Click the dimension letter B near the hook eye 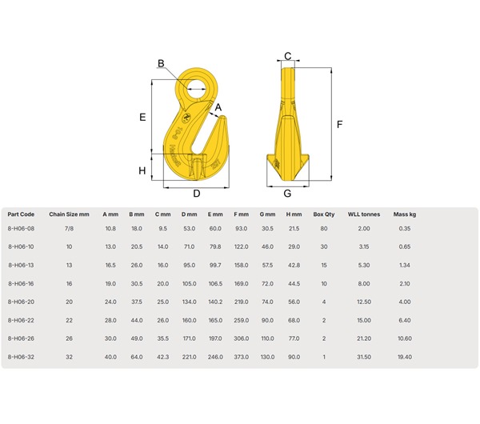(x=161, y=63)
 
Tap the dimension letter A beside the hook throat (x=218, y=107)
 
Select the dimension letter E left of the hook (x=142, y=118)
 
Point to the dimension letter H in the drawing (x=142, y=170)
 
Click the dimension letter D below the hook (x=197, y=194)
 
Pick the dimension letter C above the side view (x=287, y=56)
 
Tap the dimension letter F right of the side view (x=339, y=125)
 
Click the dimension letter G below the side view (x=287, y=194)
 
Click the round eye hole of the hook (x=196, y=89)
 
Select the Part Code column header (x=21, y=214)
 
